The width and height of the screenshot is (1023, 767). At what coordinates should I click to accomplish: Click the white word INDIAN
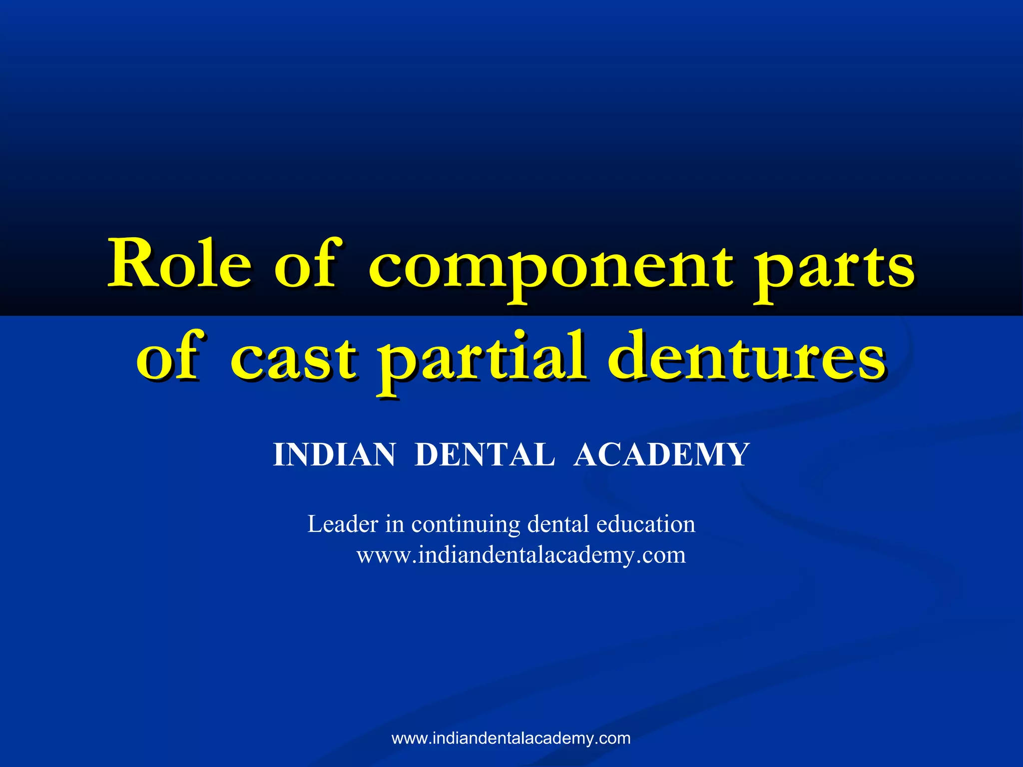click(334, 455)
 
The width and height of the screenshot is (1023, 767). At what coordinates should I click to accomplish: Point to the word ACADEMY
click(661, 455)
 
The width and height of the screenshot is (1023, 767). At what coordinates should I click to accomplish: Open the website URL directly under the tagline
click(521, 555)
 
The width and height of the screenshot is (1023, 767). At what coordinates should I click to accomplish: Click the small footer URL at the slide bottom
click(511, 738)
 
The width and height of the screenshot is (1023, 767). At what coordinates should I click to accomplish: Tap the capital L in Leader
click(315, 524)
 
